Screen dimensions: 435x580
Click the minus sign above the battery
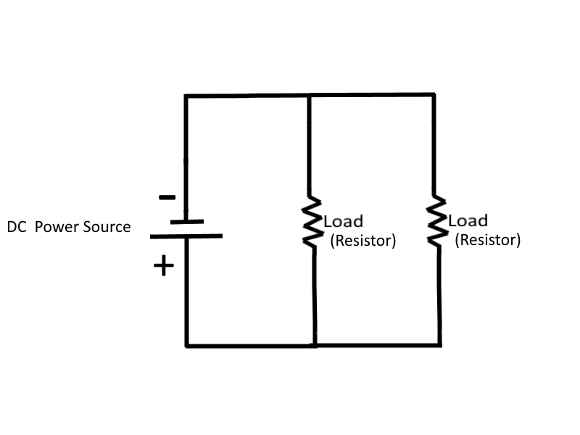[x=166, y=197]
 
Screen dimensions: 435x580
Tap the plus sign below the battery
[x=164, y=266]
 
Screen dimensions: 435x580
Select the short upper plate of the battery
[x=186, y=222]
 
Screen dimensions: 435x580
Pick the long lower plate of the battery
[x=186, y=236]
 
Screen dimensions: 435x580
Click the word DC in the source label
[x=17, y=227]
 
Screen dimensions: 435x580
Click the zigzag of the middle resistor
[x=312, y=222]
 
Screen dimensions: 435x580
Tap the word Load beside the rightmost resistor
[x=468, y=220]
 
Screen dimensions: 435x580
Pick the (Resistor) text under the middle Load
[x=362, y=241]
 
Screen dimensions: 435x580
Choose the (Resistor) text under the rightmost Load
[x=487, y=240]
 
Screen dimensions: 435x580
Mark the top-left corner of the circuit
[x=186, y=96]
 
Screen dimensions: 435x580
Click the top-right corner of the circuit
[x=434, y=95]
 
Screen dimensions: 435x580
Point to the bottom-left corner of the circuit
[x=187, y=345]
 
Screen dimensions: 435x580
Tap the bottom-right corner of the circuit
[x=439, y=344]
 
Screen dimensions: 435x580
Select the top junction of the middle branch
[x=310, y=96]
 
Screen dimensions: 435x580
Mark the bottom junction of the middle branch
[x=315, y=345]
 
